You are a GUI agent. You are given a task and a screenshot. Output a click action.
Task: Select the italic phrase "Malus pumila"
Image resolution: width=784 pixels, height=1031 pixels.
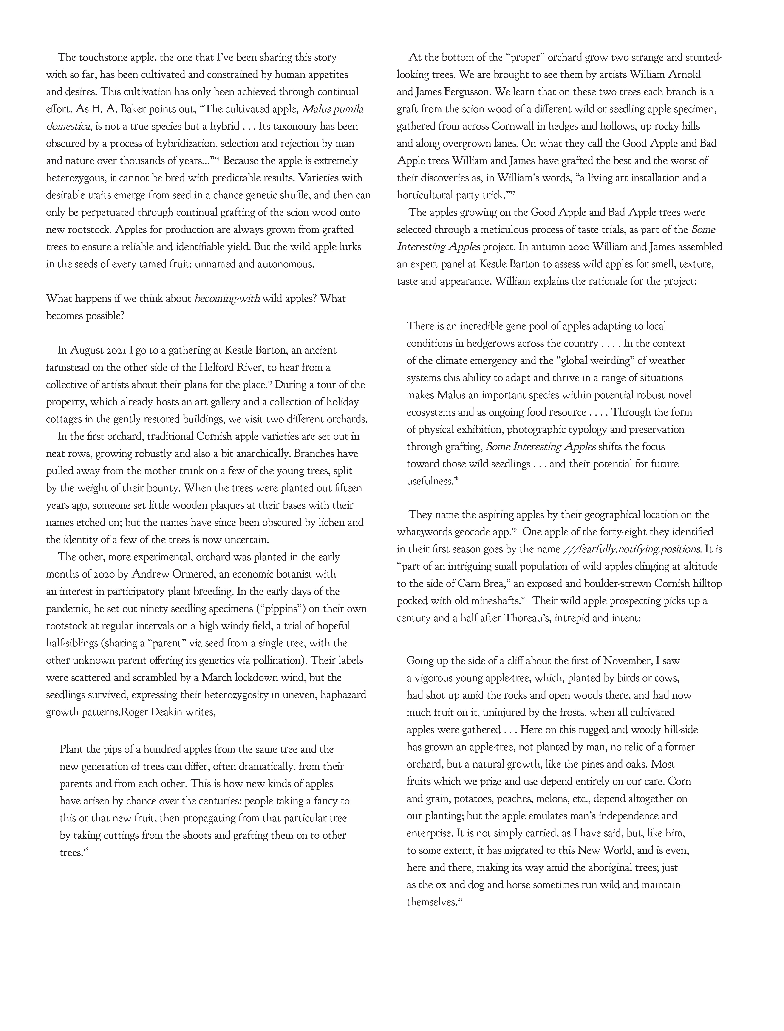(x=332, y=109)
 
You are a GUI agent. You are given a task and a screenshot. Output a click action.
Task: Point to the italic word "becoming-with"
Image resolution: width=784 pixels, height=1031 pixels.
(x=227, y=299)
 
